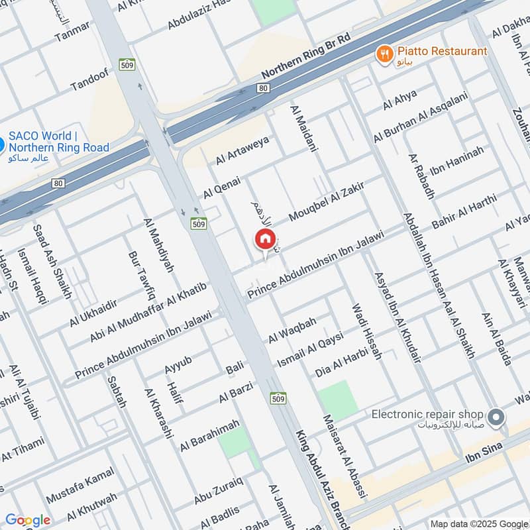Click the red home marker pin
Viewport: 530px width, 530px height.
point(264,239)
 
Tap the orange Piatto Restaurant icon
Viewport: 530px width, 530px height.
point(384,53)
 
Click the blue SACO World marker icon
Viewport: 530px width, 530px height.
point(2,142)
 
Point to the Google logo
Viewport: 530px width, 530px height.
point(27,520)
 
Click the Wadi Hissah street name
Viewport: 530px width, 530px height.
point(366,332)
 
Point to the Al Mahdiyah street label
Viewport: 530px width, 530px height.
point(158,246)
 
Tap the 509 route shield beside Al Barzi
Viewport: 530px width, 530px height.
point(278,398)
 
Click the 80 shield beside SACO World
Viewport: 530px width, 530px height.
point(59,183)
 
